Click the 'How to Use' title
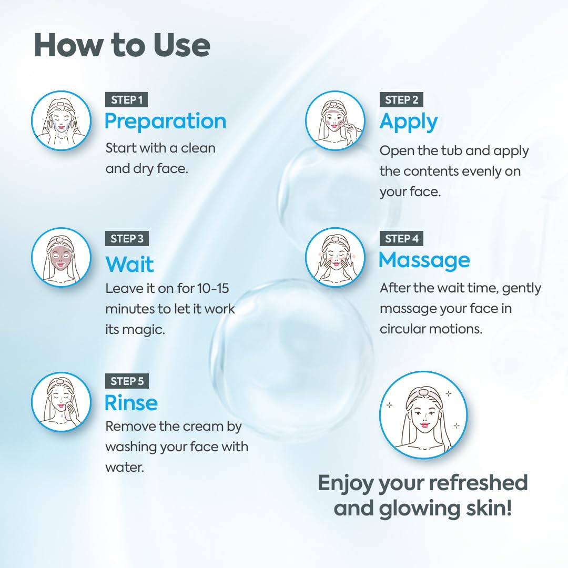pyautogui.click(x=121, y=45)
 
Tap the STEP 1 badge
pyautogui.click(x=127, y=99)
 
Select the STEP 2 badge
pyautogui.click(x=401, y=99)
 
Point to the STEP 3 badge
pyautogui.click(x=127, y=238)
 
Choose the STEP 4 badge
pyautogui.click(x=401, y=238)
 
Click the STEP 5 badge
pyautogui.click(x=127, y=381)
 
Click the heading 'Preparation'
pyautogui.click(x=165, y=121)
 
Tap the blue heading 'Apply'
pyautogui.click(x=409, y=121)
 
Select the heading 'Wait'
pyautogui.click(x=129, y=263)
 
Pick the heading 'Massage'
pyautogui.click(x=424, y=260)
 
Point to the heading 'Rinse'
pyautogui.click(x=131, y=403)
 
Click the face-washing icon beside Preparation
pyautogui.click(x=61, y=120)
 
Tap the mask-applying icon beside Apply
pyautogui.click(x=335, y=120)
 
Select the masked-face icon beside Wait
pyautogui.click(x=61, y=257)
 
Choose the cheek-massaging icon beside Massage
pyautogui.click(x=335, y=257)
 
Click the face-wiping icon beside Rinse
pyautogui.click(x=61, y=401)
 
